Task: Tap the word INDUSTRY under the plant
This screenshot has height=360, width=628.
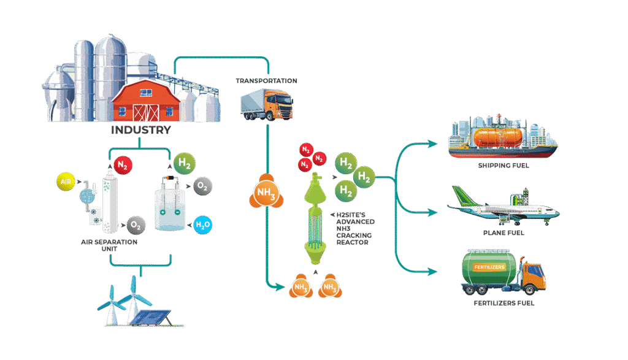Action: (140, 131)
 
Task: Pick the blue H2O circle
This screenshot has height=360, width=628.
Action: (202, 225)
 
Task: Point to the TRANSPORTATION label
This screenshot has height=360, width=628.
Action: (266, 81)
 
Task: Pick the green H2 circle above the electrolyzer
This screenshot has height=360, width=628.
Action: (183, 164)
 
